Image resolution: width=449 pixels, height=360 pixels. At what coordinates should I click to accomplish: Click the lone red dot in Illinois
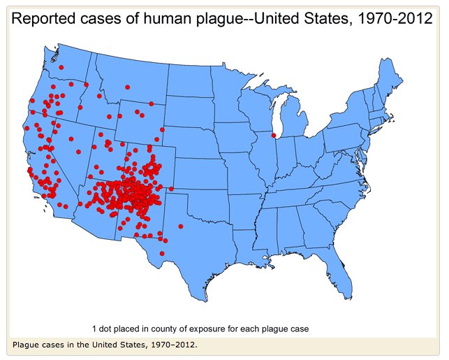click(274, 135)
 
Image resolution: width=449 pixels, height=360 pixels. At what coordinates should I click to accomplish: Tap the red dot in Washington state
click(61, 67)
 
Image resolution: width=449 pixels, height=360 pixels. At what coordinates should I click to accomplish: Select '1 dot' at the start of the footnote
click(103, 327)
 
